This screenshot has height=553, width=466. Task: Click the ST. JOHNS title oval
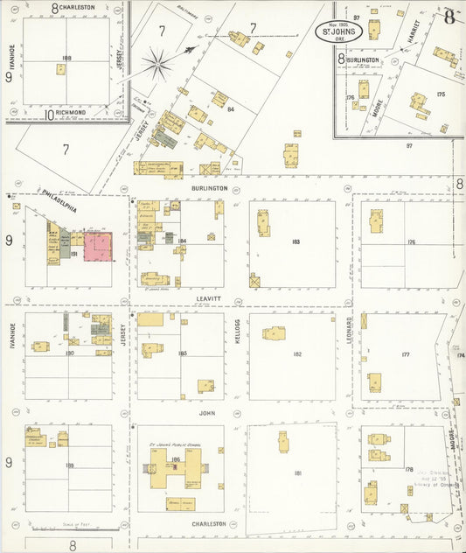click(x=339, y=32)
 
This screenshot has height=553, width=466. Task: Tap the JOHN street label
click(x=206, y=411)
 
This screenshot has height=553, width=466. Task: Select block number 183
click(x=296, y=241)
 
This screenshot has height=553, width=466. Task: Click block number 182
click(x=297, y=354)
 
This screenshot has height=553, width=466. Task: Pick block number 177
click(x=405, y=354)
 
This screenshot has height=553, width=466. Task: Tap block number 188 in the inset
click(x=66, y=59)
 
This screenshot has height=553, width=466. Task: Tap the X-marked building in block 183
click(x=255, y=282)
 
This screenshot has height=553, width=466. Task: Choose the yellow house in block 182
click(x=275, y=333)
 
